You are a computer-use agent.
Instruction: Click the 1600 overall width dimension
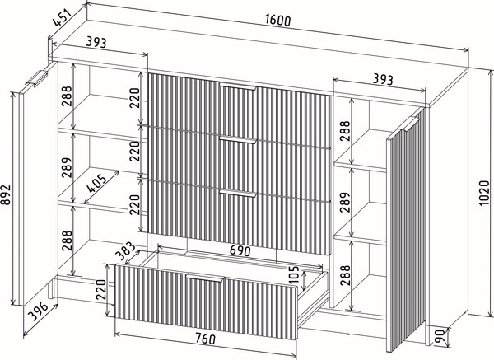point(277,20)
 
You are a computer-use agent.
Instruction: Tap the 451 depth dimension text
point(63,17)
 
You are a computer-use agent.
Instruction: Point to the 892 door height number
point(6,194)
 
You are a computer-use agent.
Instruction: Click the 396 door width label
point(38,311)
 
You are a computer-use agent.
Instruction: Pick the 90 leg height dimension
point(439,336)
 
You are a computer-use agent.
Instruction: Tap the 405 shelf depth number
point(96,183)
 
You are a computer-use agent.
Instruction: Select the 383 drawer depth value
point(125,252)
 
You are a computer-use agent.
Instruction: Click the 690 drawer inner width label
point(240,250)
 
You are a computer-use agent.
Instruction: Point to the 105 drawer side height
point(293,275)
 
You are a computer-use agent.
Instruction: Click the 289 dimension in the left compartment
point(67,167)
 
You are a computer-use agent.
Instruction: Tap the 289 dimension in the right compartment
point(345,202)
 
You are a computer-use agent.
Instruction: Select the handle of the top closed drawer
point(238,86)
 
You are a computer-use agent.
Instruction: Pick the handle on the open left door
point(36,78)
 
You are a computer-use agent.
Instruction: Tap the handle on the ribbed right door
point(408,124)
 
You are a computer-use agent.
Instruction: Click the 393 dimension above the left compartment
point(96,42)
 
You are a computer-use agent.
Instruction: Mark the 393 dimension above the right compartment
point(383,79)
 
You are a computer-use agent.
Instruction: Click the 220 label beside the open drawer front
point(100,289)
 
